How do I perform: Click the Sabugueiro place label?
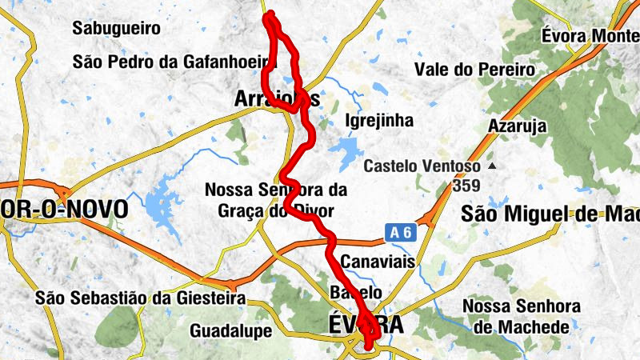coord(116,29)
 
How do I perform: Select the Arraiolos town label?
coord(276,99)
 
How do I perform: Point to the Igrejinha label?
coord(378,122)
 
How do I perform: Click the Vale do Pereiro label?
coord(475,70)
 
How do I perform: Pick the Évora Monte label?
coord(590,36)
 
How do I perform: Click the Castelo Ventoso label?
coord(422,167)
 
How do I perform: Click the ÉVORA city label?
coord(366,324)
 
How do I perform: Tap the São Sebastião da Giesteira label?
coord(140,298)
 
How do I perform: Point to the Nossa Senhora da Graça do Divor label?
coord(275,201)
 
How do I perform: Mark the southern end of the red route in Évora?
coord(369,347)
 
